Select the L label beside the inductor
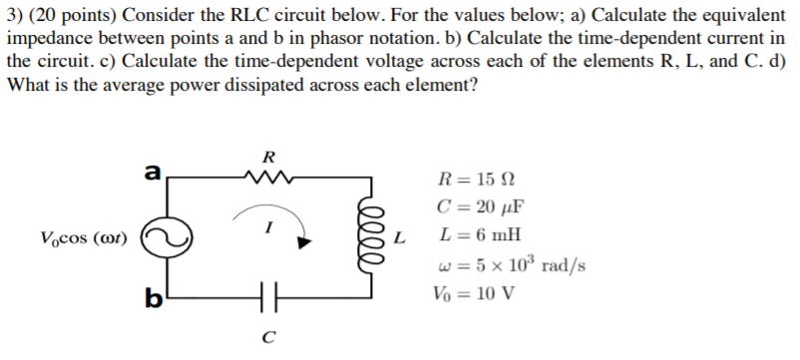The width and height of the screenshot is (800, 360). [401, 238]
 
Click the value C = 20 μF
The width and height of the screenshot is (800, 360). [480, 208]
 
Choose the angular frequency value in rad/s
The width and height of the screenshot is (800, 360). [511, 266]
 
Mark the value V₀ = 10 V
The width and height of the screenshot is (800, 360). [473, 294]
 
